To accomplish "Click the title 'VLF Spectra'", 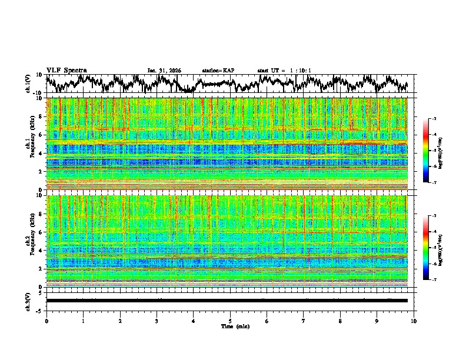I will tap(66, 70).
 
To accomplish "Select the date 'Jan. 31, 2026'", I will tap(164, 71).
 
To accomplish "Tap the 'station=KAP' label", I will tap(218, 71).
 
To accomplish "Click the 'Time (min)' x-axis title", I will tap(230, 326).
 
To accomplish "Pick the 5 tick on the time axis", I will tap(230, 321).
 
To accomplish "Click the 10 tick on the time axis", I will tap(414, 321).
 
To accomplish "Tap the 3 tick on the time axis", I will tap(157, 321).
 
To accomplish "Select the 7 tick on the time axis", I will tap(304, 321).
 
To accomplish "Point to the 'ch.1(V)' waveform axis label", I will tap(28, 84).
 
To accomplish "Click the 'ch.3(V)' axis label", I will tap(28, 301).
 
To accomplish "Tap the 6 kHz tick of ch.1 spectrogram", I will tap(42, 135).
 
